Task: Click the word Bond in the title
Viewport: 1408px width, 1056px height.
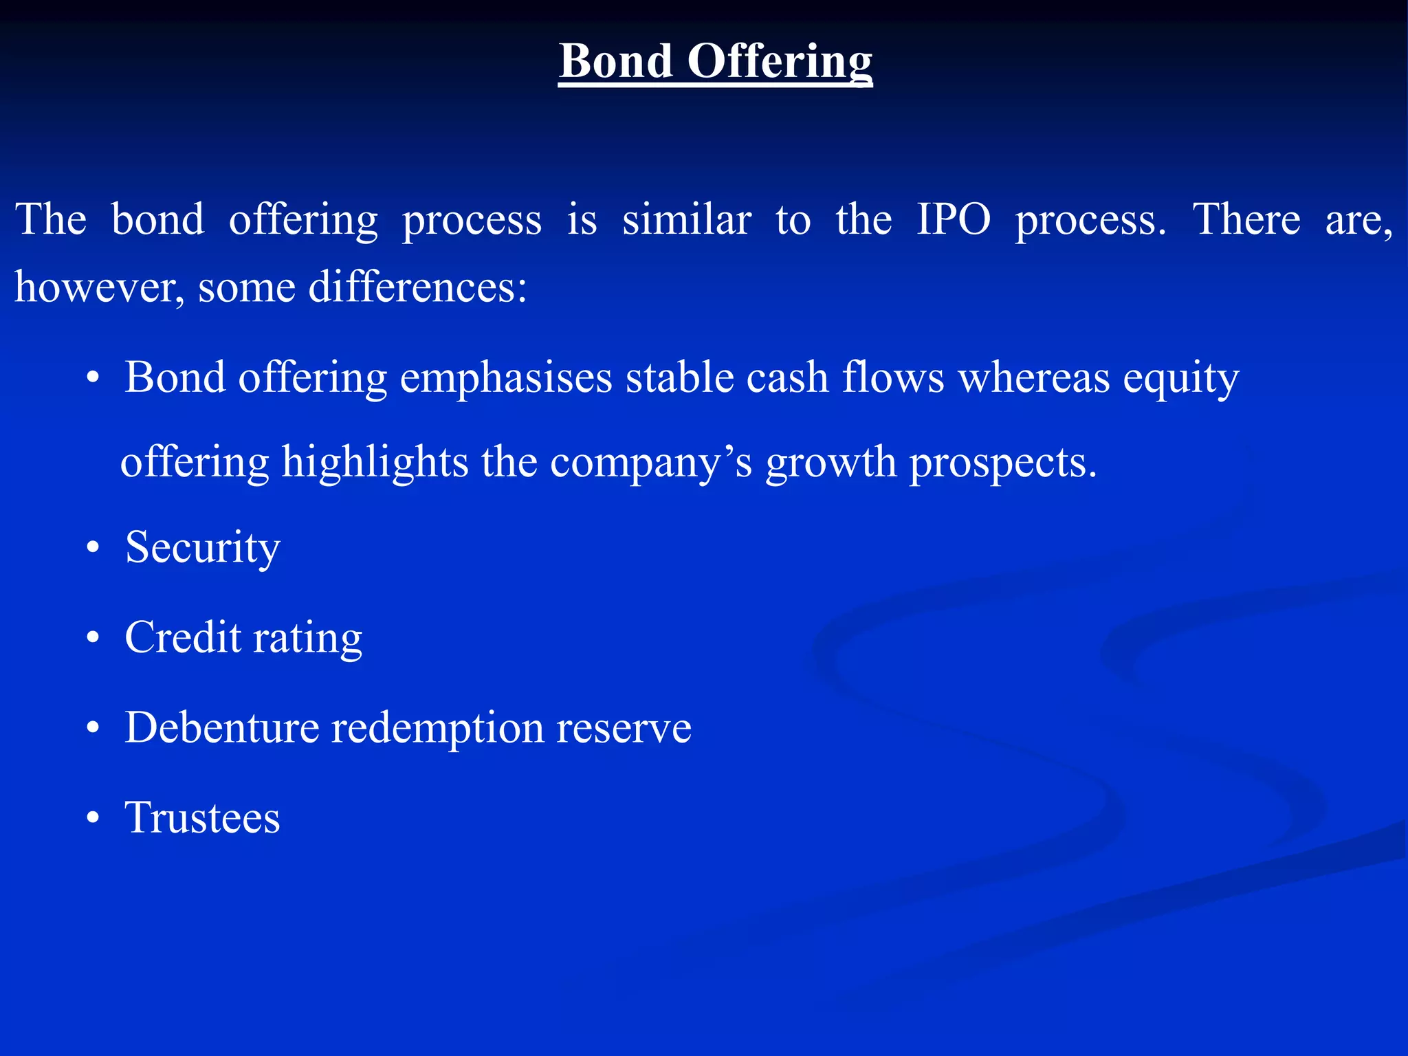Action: pos(615,62)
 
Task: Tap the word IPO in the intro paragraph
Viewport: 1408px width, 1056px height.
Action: pos(954,220)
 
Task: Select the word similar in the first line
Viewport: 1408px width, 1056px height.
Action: pos(686,220)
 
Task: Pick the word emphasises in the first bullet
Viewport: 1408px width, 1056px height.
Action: pos(506,378)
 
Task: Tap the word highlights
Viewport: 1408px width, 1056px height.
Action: pos(375,462)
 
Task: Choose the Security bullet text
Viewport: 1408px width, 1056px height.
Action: pos(203,549)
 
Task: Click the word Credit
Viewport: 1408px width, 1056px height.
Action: pos(183,637)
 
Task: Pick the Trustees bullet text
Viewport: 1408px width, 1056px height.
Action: pos(203,817)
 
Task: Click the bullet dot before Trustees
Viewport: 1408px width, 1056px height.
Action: pos(93,819)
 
